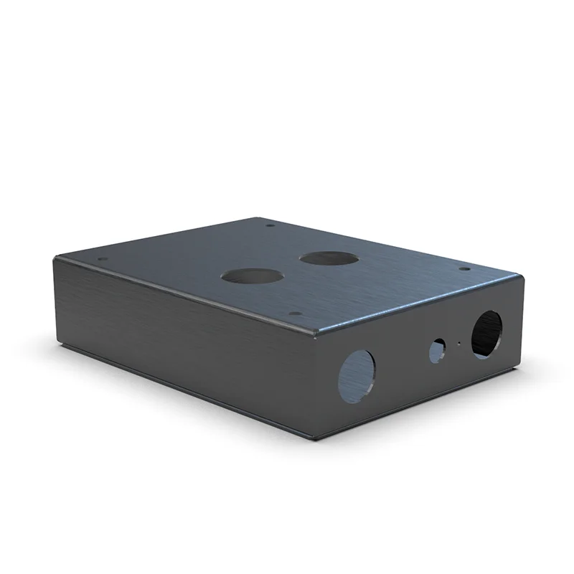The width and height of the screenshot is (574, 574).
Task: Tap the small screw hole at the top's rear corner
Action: click(x=270, y=225)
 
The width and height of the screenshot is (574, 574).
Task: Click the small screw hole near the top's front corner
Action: click(x=293, y=314)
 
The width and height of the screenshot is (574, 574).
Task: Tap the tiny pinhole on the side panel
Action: click(x=456, y=344)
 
